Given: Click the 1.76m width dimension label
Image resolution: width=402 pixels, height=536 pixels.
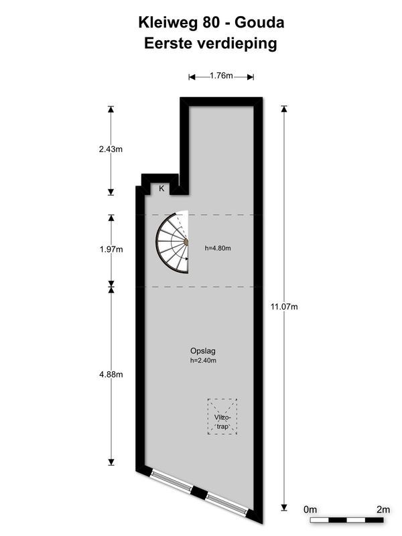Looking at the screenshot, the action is click(x=221, y=76).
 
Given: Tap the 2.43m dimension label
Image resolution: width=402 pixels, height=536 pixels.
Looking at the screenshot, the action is click(x=111, y=149).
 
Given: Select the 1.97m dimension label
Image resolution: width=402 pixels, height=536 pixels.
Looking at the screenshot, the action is click(x=111, y=249).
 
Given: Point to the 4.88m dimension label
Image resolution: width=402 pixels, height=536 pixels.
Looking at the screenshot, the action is click(x=111, y=375).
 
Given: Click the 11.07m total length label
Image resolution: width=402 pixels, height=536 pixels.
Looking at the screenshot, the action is click(x=284, y=307).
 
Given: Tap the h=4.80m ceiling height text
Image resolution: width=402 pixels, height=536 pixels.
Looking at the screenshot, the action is click(x=218, y=249).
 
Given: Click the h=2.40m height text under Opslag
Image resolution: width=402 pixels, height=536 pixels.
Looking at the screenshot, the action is click(x=203, y=360).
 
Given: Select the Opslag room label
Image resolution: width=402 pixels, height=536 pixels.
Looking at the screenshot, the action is click(x=203, y=351).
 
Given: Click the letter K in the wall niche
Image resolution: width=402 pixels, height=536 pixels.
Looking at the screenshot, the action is click(x=161, y=188).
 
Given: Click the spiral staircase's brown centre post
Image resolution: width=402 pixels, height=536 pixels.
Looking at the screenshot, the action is click(x=186, y=242).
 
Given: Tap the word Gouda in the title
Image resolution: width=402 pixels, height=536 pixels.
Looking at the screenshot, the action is click(x=259, y=23).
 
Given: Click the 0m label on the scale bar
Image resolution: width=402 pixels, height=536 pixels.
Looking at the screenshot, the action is click(x=310, y=510).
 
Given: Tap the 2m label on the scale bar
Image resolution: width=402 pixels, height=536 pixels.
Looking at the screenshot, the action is click(x=383, y=510).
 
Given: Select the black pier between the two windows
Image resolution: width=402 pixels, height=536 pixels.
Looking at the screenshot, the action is click(x=198, y=493).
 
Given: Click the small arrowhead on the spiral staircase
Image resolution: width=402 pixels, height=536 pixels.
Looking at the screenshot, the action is click(x=187, y=259).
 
